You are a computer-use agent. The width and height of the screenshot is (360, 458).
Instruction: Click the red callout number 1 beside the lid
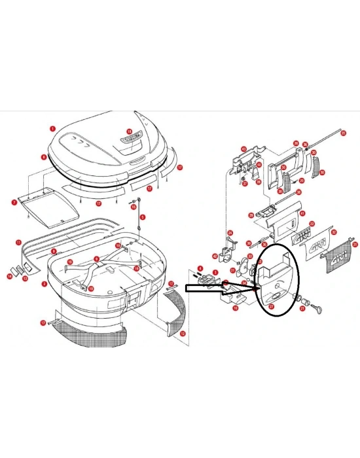point(52,129)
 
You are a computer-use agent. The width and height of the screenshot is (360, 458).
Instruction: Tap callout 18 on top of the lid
point(129,132)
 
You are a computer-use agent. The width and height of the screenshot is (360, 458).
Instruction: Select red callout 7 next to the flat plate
point(14,203)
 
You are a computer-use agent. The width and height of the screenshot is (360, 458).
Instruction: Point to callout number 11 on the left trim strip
point(18,242)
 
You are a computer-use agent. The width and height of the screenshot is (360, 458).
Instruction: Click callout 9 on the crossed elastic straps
point(96,258)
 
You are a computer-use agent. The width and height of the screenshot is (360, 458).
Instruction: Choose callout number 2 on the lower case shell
point(44,284)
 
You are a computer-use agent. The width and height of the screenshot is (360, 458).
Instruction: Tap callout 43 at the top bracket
point(243,149)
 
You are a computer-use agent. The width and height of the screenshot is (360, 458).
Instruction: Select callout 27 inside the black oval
point(270,305)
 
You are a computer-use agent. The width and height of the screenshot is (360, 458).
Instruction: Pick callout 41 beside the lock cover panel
point(302,213)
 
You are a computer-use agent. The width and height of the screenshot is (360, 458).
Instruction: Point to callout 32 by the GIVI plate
point(333,232)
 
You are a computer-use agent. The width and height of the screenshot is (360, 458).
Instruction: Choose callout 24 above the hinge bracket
point(230,233)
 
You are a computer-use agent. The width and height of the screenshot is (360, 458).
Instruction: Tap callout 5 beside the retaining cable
point(142,217)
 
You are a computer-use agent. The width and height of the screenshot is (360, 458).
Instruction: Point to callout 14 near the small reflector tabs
point(10,276)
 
